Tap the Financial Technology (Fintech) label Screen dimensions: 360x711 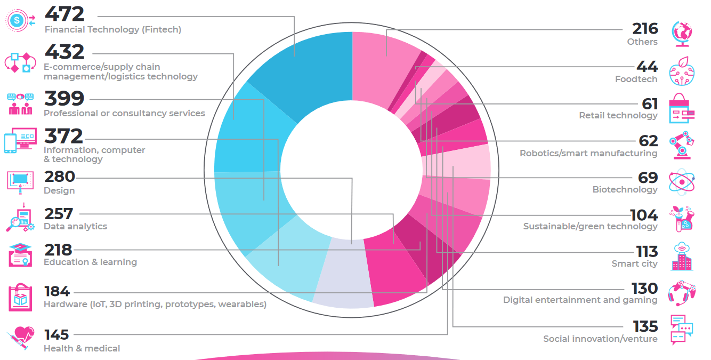coord(112,30)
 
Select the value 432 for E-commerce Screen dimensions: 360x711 coord(64,52)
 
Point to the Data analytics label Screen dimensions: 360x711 coord(75,226)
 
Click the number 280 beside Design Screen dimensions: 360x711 coord(59,177)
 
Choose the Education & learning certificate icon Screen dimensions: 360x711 coord(21,254)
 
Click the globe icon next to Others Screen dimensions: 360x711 coord(682,33)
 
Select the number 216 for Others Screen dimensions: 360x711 coord(645,28)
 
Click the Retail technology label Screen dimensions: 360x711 coord(618,116)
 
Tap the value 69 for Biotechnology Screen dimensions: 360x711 coord(648,177)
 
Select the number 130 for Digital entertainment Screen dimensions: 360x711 coord(644,289)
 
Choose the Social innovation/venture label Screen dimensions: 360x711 coord(600,339)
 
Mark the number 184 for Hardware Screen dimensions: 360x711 coord(57,292)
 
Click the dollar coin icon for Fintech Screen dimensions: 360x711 coord(18,20)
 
